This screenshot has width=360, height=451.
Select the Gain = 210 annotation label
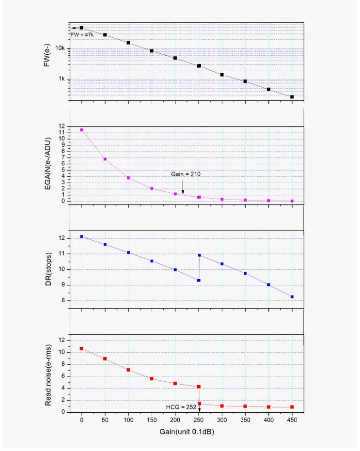[x=182, y=173]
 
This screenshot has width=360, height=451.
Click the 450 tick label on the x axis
[x=292, y=420]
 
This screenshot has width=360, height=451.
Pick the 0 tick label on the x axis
[x=81, y=420]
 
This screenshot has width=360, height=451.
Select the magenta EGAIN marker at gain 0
[x=81, y=130]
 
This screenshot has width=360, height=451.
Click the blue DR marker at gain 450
[x=292, y=296]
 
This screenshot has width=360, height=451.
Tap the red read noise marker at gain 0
[x=81, y=348]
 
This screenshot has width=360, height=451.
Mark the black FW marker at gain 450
[x=292, y=97]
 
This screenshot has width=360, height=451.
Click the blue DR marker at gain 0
[x=81, y=236]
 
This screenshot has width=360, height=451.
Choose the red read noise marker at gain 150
[x=152, y=378]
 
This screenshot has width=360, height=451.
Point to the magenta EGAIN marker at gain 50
[x=105, y=159]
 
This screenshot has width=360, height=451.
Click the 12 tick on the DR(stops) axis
[x=62, y=238]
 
